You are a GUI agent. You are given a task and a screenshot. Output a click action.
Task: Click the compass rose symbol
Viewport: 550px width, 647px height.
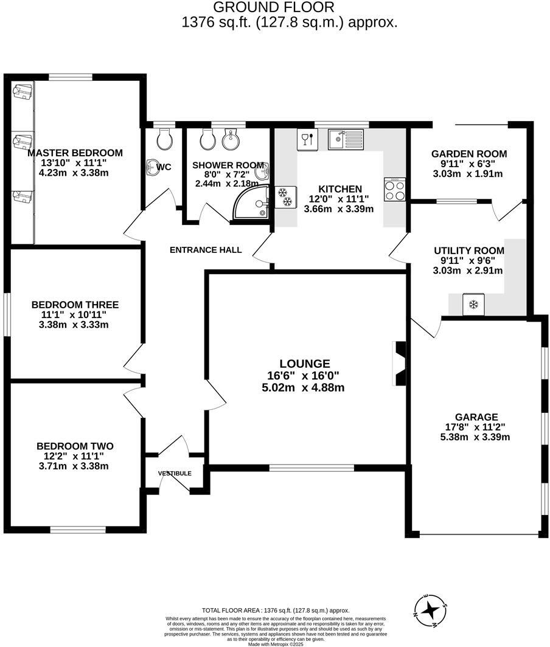coord(431,609)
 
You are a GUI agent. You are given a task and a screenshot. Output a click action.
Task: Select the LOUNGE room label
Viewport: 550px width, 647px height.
coord(305,364)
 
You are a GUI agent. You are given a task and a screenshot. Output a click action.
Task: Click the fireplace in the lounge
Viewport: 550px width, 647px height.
coord(400,364)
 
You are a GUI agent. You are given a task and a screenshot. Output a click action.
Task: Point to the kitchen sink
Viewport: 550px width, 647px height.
coord(345,140)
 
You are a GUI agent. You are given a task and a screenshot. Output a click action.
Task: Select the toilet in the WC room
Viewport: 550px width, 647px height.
coord(164,140)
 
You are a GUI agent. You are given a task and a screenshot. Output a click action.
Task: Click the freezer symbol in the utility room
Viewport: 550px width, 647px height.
coord(473,304)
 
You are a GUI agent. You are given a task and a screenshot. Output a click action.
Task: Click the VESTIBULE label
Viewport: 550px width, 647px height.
coord(175,473)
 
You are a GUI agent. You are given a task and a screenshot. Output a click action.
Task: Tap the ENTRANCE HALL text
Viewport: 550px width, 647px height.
coord(205,250)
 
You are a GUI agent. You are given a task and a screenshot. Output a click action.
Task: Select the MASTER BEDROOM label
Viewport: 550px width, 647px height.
coord(75,153)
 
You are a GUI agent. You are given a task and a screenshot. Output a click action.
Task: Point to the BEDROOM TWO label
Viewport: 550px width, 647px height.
coord(74,446)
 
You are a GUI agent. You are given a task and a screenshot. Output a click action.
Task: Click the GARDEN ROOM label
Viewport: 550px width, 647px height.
coord(468,154)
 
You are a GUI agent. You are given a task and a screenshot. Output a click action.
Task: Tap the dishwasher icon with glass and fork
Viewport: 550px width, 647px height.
coord(307,140)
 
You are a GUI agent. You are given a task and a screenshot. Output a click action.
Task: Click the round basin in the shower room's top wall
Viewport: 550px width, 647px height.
coord(230,141)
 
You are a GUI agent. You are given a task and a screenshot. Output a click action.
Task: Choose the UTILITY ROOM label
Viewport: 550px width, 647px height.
coord(468,251)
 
